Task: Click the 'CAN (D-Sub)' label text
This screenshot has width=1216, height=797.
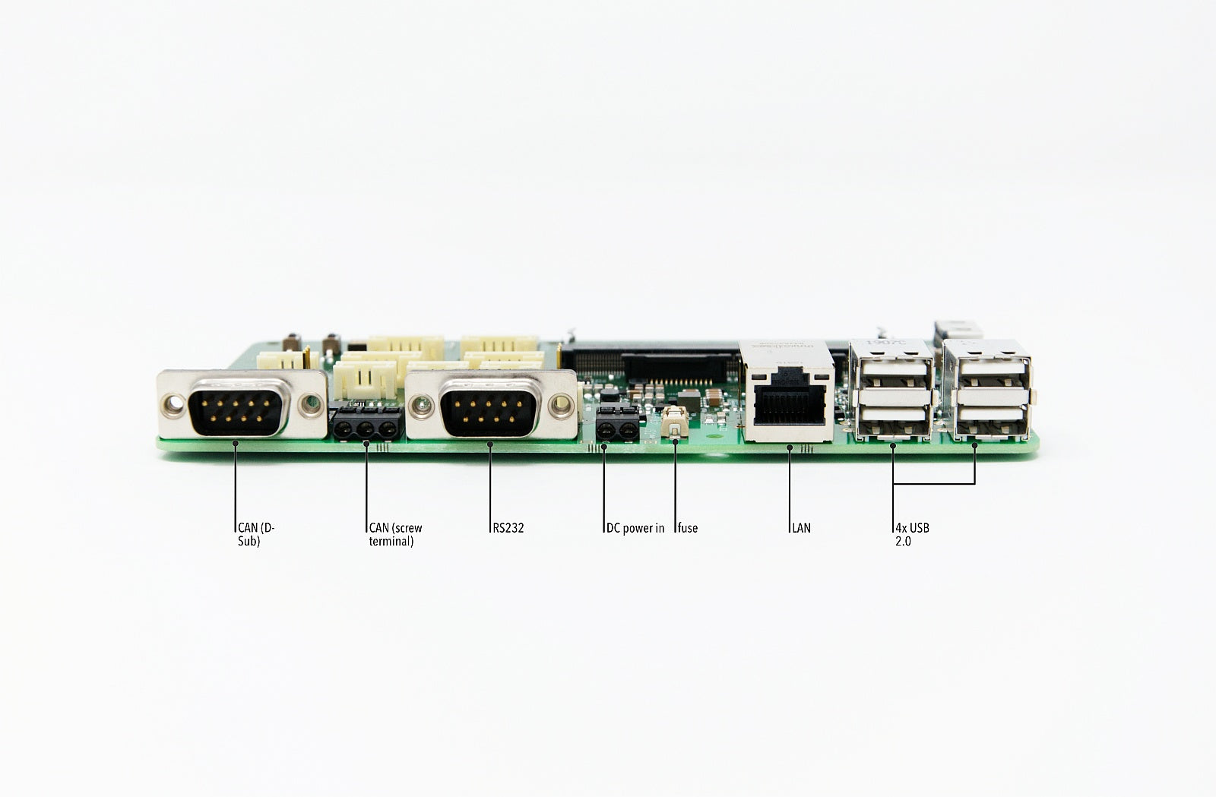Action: [256, 534]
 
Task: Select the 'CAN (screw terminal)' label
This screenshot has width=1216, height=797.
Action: [395, 534]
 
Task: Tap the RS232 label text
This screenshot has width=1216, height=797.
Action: [508, 528]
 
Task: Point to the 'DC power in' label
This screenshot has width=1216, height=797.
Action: [635, 528]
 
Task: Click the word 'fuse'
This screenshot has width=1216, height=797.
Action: [688, 528]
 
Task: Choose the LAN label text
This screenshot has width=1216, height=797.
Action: [801, 528]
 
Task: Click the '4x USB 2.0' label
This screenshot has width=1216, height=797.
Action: [912, 534]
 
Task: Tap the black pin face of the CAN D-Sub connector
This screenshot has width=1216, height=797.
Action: [236, 413]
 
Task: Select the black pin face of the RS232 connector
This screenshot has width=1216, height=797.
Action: [489, 413]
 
